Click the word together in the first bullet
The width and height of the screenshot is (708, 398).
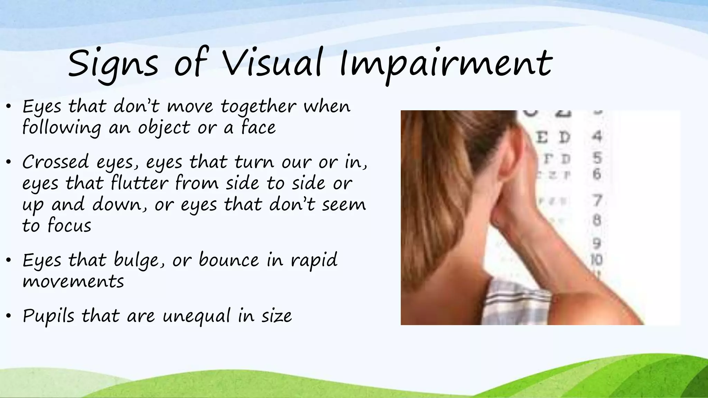[x=259, y=106]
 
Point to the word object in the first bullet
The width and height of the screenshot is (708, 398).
[x=164, y=128]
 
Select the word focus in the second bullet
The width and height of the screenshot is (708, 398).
[x=69, y=226]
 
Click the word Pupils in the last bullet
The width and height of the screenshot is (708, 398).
[x=48, y=316]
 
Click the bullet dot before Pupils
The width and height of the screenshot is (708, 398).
[x=9, y=316]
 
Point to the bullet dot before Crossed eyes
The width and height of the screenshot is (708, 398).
[x=9, y=162]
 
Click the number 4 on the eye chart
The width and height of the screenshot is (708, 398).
[x=597, y=136]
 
